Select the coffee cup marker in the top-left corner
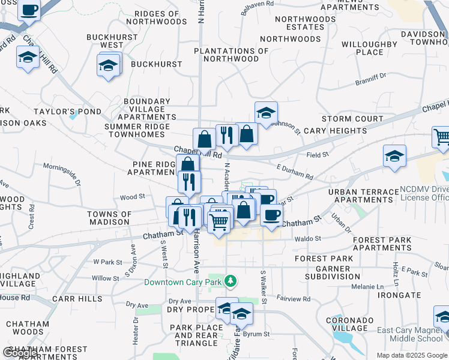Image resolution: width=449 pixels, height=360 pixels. tap(29, 10)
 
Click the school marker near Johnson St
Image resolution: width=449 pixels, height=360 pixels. tap(266, 112)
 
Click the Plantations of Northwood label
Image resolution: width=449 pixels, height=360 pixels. tap(231, 55)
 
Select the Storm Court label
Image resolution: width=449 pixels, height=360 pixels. tap(352, 119)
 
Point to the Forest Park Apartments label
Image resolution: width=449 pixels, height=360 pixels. tap(382, 244)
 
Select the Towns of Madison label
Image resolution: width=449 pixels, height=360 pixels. tap(109, 218)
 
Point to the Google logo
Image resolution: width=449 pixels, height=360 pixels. tap(20, 353)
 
